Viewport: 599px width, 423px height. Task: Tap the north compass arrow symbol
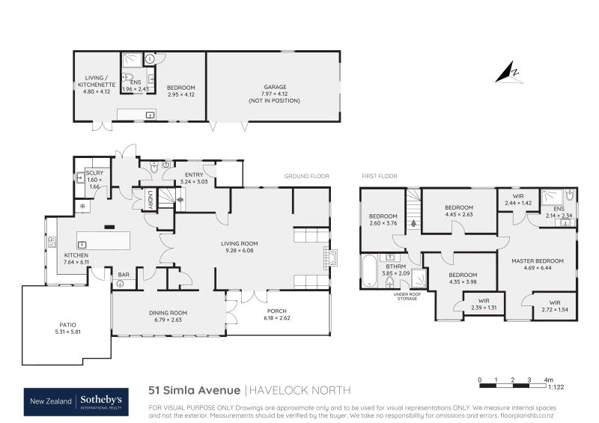click(513, 73)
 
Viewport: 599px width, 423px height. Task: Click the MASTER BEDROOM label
click(537, 261)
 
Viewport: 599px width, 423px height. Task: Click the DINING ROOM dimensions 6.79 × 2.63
click(167, 320)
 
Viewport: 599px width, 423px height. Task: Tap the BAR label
click(123, 275)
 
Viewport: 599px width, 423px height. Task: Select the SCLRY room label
click(94, 173)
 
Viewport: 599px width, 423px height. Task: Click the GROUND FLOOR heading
click(306, 176)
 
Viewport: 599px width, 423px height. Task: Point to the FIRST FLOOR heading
click(380, 176)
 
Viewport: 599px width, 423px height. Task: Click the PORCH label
click(277, 311)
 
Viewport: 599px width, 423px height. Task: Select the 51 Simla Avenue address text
click(194, 390)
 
